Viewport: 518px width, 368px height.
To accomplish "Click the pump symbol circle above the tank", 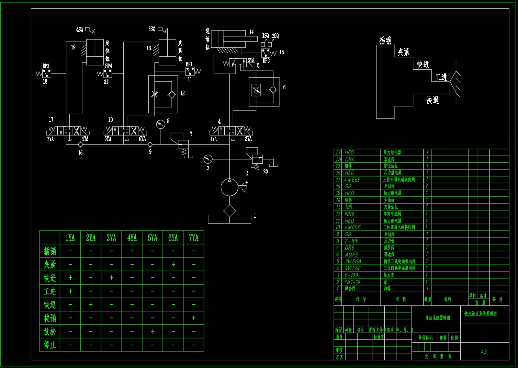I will [x=229, y=187].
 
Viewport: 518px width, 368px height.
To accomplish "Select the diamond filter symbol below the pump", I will [x=229, y=211].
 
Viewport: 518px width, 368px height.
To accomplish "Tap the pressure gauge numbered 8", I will [x=160, y=124].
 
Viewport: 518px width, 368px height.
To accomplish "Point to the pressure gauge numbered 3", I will [x=208, y=159].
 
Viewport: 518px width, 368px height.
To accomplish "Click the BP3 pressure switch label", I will [x=46, y=66].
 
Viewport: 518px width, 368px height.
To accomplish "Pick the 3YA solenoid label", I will [x=251, y=60].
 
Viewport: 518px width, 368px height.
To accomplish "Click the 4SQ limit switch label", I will [x=80, y=30].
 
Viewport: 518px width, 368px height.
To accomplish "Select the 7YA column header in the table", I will [x=194, y=238].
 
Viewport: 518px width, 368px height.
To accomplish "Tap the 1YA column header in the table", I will [x=70, y=238].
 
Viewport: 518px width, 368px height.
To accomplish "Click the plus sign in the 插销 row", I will [x=132, y=251].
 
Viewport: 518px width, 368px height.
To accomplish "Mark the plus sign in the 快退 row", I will [x=91, y=304].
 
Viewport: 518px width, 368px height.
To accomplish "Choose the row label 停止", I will [x=50, y=345].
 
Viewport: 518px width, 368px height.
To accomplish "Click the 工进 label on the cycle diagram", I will [x=441, y=77].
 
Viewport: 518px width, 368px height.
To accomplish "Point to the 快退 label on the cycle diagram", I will [x=433, y=100].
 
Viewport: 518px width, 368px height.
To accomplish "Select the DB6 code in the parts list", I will [x=349, y=159].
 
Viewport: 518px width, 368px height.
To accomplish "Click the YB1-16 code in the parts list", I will [x=352, y=282].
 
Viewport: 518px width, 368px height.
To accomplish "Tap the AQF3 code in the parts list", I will [x=351, y=254].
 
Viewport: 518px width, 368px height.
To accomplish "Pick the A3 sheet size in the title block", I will [x=484, y=352].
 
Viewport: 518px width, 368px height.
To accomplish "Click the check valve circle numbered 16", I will [x=80, y=145].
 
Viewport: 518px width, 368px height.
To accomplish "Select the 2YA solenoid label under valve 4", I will [x=248, y=139].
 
